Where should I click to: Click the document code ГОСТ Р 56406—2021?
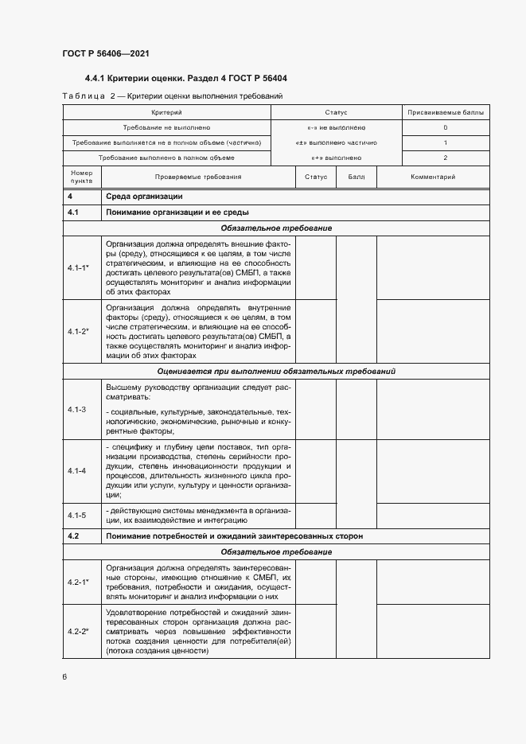pos(105,53)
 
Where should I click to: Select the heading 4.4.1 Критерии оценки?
pos(186,79)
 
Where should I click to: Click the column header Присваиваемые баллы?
pos(445,113)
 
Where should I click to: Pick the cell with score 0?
pos(445,127)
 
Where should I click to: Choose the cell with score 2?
pos(445,158)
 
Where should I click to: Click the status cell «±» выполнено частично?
pos(336,142)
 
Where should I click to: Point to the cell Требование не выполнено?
pos(166,127)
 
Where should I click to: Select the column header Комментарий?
pos(432,177)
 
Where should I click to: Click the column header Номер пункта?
pos(82,177)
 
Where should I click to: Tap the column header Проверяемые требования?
pos(198,177)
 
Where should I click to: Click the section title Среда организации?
pos(145,197)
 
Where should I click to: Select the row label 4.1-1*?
pos(78,268)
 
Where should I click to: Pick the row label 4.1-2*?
pos(78,330)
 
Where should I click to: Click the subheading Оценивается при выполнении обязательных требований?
pos(277,372)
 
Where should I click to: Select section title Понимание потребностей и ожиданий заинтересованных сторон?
pos(234,536)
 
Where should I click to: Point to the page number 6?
pos(64,677)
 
